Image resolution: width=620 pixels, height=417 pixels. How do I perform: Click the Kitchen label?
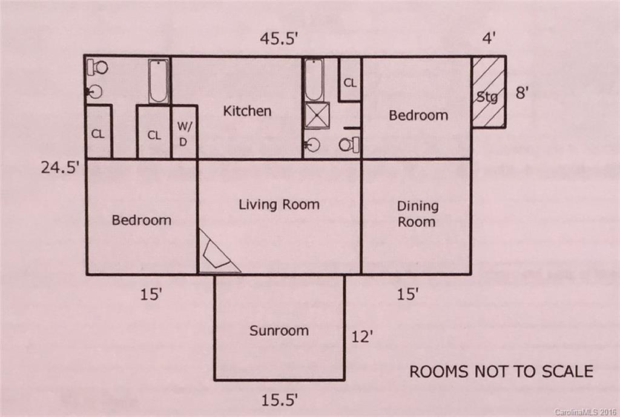point(247,111)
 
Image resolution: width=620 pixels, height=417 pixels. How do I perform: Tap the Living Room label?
point(279,204)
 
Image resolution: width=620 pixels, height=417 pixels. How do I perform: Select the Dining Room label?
point(417,214)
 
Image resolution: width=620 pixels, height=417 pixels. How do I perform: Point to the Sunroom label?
point(279,331)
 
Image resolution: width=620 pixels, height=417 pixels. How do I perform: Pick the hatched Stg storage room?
point(488,92)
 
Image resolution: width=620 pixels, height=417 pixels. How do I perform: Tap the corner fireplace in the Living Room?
point(216,253)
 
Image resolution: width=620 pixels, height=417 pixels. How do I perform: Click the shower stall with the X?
point(317,115)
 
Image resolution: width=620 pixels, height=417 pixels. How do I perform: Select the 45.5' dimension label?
point(279,39)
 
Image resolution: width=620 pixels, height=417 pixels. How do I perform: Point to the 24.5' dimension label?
point(61,167)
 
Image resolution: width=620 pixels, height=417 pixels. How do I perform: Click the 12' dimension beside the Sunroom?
point(361,336)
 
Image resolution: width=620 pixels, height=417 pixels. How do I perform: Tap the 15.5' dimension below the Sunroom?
point(279,400)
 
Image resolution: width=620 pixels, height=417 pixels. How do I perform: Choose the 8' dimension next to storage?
point(522,94)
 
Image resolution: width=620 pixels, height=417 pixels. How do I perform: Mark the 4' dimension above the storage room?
point(489,39)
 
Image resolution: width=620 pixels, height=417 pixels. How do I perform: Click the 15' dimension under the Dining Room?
point(408,295)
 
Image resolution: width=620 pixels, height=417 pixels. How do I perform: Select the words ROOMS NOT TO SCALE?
point(501,371)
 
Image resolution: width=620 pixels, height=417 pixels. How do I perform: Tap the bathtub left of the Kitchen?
point(159,81)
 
